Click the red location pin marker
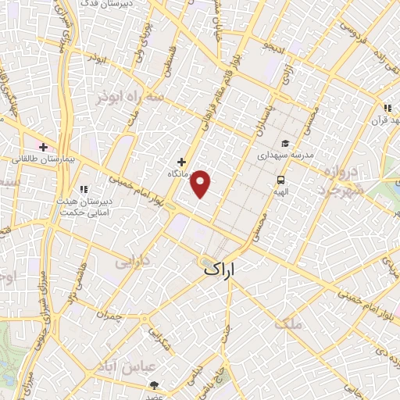click(202, 184)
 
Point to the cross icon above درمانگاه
click(182, 162)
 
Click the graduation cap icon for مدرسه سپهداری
click(286, 143)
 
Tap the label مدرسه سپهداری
click(286, 155)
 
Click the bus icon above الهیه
click(280, 180)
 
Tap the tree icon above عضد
click(154, 386)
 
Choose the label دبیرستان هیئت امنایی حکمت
click(83, 204)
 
